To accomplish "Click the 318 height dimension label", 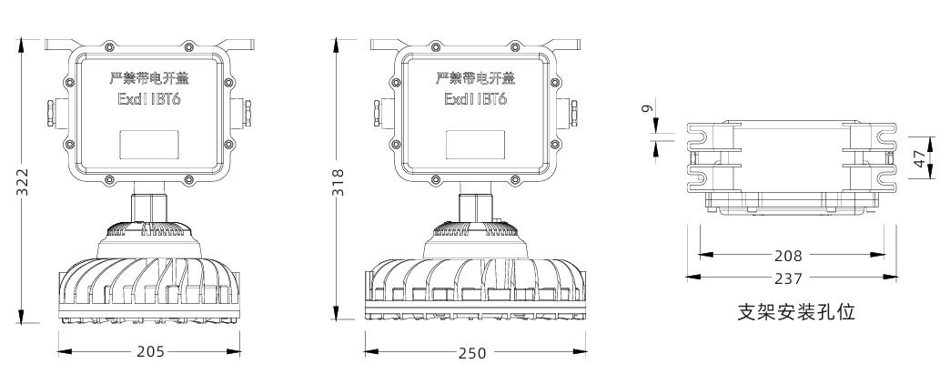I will coord(339,178).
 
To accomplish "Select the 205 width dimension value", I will coord(150,351).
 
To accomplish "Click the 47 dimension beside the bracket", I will coord(920,159).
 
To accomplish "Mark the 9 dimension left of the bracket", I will coord(646,108).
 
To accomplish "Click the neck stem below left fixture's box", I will coord(150,205).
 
